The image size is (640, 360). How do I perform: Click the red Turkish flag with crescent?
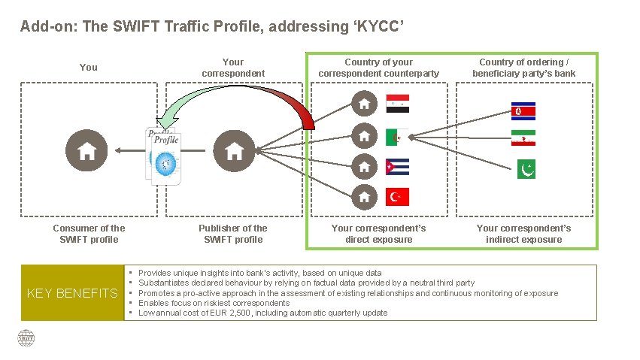pyautogui.click(x=397, y=197)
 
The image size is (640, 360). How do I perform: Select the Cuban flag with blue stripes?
pyautogui.click(x=397, y=167)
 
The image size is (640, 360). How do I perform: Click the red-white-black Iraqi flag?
pyautogui.click(x=397, y=104)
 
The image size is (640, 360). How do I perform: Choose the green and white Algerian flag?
pyautogui.click(x=397, y=138)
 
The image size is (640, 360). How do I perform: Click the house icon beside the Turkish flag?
pyautogui.click(x=364, y=197)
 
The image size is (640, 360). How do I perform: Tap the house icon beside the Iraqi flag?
pyautogui.click(x=364, y=104)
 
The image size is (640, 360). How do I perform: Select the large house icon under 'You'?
pyautogui.click(x=86, y=150)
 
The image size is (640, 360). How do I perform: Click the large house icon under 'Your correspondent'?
pyautogui.click(x=234, y=150)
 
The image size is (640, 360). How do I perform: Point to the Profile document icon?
pyautogui.click(x=163, y=156)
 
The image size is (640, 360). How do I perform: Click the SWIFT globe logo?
pyautogui.click(x=27, y=338)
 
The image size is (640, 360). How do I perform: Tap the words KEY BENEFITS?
pyautogui.click(x=72, y=292)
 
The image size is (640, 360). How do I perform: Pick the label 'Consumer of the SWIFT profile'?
pyautogui.click(x=89, y=234)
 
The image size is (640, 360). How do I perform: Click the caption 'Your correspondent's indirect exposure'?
pyautogui.click(x=523, y=234)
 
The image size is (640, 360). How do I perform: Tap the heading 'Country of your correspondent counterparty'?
pyautogui.click(x=378, y=68)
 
